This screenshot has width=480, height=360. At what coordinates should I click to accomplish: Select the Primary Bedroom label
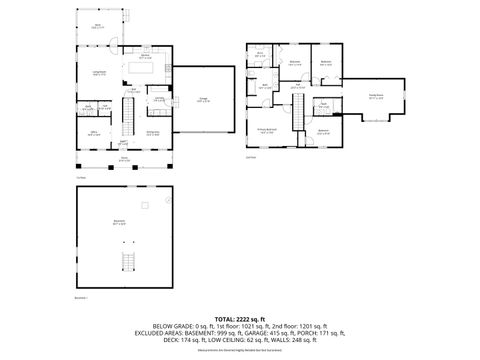pyautogui.click(x=266, y=129)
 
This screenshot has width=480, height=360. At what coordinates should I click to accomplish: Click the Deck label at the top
pyautogui.click(x=97, y=26)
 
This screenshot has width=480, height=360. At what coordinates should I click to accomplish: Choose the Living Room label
pyautogui.click(x=100, y=73)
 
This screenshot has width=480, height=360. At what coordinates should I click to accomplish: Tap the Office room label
pyautogui.click(x=93, y=131)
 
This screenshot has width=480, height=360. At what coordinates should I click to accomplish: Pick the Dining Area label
pyautogui.click(x=154, y=132)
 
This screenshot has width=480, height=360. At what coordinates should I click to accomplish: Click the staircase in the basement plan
pyautogui.click(x=126, y=263)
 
